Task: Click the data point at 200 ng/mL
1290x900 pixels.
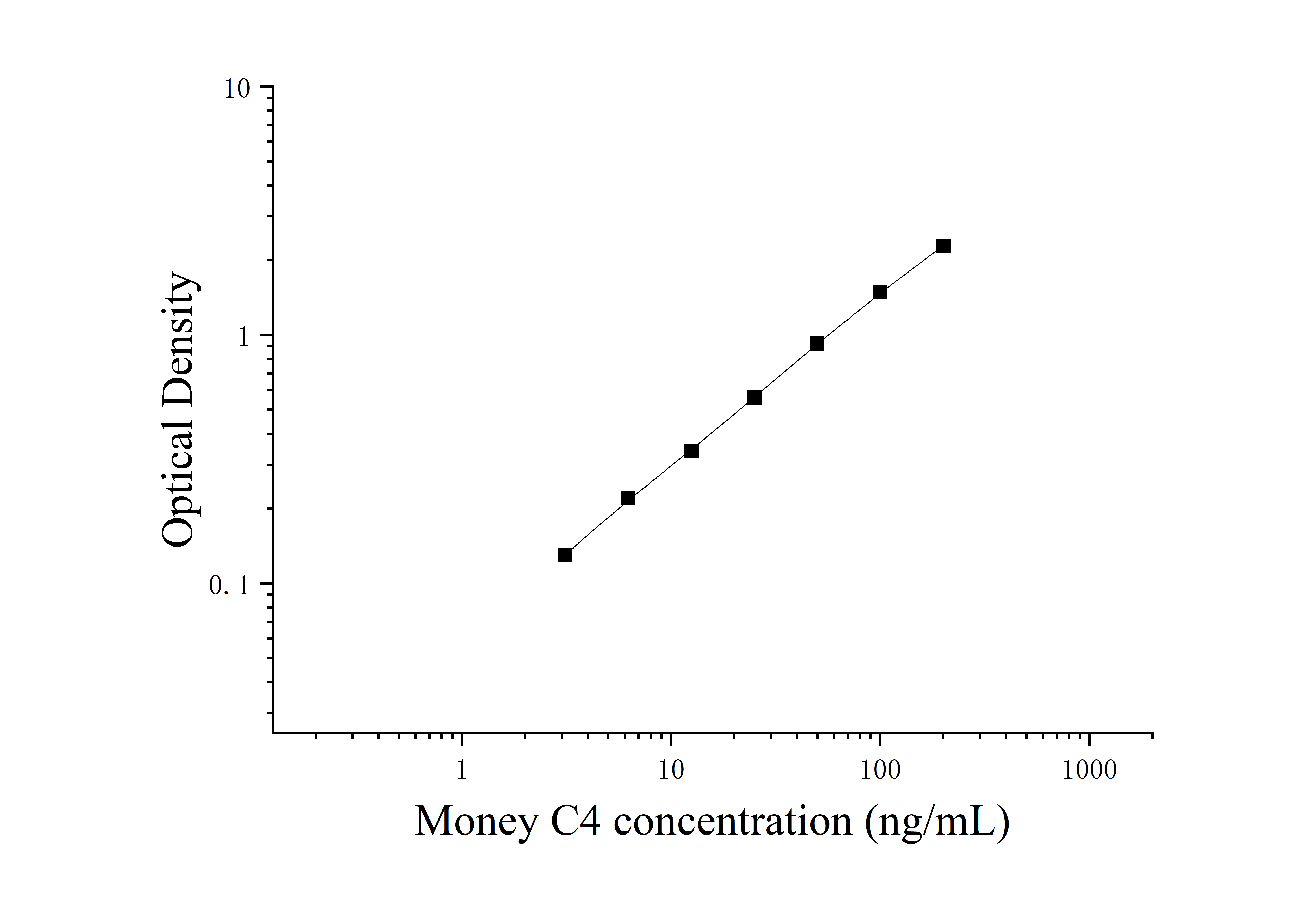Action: pos(943,246)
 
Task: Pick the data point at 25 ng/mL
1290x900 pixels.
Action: pos(755,397)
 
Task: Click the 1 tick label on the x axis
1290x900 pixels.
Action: pos(461,770)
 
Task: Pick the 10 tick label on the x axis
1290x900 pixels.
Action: pos(671,770)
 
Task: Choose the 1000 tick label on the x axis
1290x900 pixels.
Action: pos(1089,770)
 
